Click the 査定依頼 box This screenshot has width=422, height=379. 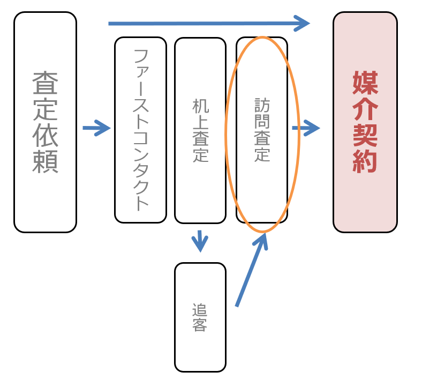pos(45,122)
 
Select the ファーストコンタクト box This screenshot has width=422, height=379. pos(140,130)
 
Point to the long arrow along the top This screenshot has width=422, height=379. pos(209,23)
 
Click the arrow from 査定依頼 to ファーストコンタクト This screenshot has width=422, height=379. pos(96,128)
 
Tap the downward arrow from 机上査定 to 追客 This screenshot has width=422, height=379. pos(200,241)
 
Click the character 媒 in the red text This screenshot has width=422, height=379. pos(365,82)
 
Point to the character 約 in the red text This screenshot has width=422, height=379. pos(365,161)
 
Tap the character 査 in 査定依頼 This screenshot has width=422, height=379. pos(45,84)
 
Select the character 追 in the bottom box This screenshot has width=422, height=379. pos(200,310)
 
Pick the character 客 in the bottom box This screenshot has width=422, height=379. pos(200,325)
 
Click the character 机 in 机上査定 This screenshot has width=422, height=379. pos(200,106)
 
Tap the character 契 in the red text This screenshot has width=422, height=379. pos(365,135)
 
